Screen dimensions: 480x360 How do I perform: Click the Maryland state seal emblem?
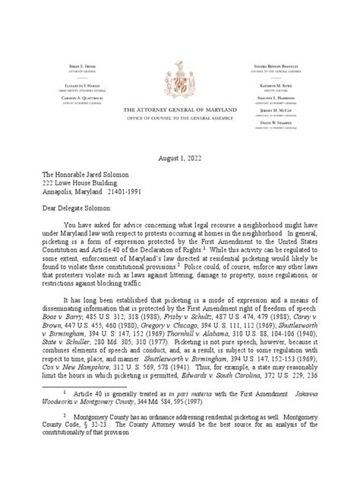(180, 56)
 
